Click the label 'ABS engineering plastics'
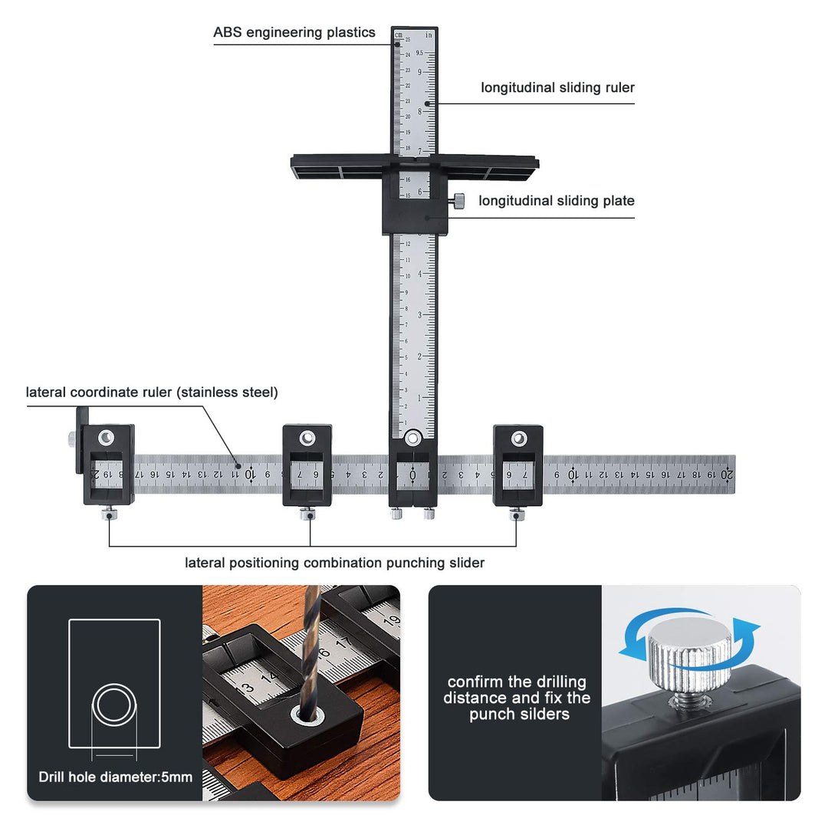click(x=294, y=32)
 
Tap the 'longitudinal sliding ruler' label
click(x=557, y=87)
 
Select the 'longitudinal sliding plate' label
click(x=557, y=201)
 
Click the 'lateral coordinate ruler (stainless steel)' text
click(x=152, y=393)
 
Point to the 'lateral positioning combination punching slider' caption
click(x=334, y=563)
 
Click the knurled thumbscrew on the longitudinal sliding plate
click(x=458, y=202)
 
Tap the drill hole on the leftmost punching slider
click(x=108, y=438)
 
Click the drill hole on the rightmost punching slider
click(x=518, y=439)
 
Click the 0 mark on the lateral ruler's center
click(x=413, y=475)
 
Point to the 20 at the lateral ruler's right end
click(x=725, y=475)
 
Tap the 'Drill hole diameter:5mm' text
click(x=115, y=777)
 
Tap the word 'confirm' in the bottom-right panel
click(x=475, y=682)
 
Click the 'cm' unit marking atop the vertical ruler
click(x=399, y=34)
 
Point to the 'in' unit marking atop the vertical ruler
click(x=430, y=34)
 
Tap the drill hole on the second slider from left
click(x=307, y=438)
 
